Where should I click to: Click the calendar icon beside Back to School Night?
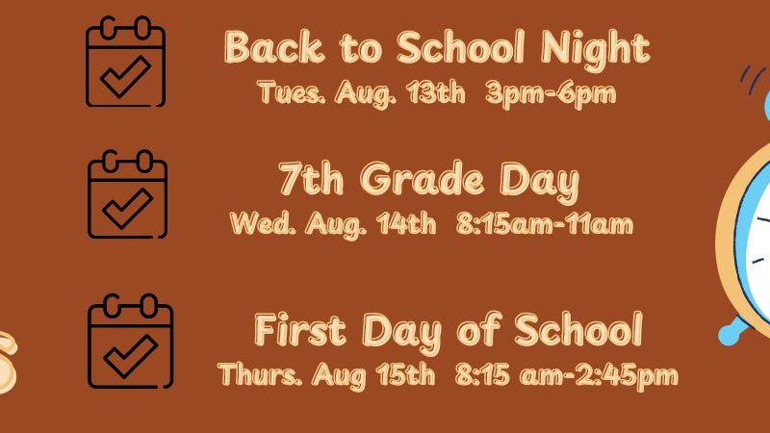126,62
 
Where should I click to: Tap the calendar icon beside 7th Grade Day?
128,194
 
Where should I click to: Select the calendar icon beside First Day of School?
131,342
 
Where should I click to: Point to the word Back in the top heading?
274,47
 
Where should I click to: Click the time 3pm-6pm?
550,93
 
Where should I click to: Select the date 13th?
435,91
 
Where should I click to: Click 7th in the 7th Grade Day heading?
311,179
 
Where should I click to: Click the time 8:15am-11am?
545,224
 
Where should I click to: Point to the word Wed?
263,224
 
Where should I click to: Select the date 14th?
406,224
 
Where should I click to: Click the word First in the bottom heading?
300,329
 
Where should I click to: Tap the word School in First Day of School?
578,328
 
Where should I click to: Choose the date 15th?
405,374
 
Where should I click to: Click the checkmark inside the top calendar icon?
126,77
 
